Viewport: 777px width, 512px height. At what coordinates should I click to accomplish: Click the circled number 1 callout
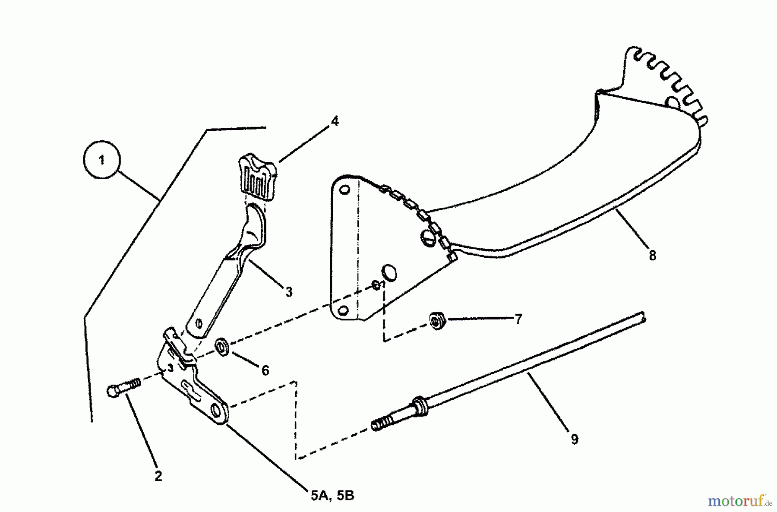101,161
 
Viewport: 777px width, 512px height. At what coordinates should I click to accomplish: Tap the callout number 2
158,476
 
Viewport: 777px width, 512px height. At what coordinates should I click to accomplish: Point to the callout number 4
335,121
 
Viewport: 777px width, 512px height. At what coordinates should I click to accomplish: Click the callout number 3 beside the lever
289,292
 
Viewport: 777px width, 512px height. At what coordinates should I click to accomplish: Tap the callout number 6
265,370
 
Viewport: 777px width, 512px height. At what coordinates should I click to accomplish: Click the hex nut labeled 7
436,321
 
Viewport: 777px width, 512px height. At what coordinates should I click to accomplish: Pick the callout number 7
518,319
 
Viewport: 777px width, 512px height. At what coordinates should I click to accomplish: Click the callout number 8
652,256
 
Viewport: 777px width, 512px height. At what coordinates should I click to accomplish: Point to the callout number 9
574,439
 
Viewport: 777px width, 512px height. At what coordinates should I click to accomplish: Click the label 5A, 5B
332,496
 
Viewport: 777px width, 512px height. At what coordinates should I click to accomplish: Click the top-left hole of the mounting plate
344,190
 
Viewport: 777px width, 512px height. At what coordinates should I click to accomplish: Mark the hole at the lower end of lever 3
199,322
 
